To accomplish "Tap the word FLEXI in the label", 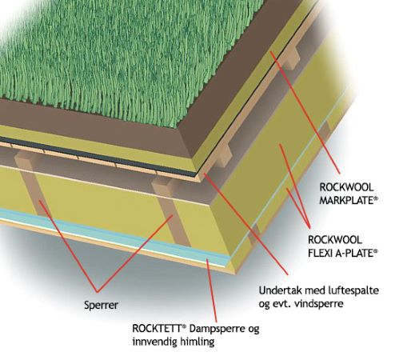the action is click(x=317, y=253).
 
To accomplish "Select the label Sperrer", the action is click(x=101, y=305).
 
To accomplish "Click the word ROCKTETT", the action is click(x=157, y=328).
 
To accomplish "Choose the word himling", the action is click(x=197, y=342).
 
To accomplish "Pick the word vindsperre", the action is click(x=318, y=304).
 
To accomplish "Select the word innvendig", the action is click(x=155, y=342).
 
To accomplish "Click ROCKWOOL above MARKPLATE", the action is click(x=346, y=187).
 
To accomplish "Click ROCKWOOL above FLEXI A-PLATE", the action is click(x=335, y=239).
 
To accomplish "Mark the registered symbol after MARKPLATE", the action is click(x=376, y=198).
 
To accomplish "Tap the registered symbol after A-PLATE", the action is click(x=376, y=250).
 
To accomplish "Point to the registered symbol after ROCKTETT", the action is click(x=183, y=326).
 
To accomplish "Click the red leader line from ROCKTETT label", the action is click(x=212, y=290).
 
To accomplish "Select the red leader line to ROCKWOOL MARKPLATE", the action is click(x=305, y=113).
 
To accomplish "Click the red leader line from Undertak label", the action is click(x=245, y=224).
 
